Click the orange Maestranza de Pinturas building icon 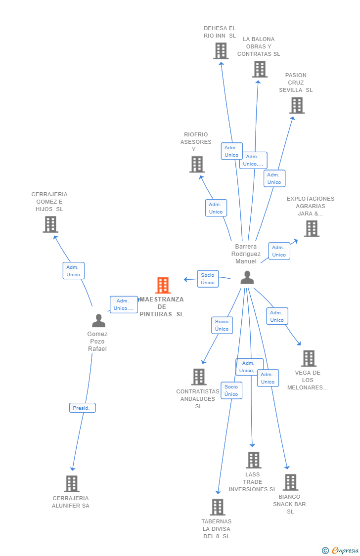tap(163, 285)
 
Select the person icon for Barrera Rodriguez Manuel tap(247, 278)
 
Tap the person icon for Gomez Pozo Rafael tap(99, 321)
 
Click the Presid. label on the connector tap(82, 408)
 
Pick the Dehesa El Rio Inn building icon tap(221, 50)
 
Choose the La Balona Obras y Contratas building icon tap(260, 69)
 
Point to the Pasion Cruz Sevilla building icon tap(297, 105)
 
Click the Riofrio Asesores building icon tap(197, 164)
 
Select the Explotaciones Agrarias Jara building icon tap(312, 228)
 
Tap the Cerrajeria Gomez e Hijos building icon tap(50, 224)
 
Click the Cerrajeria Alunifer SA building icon tap(72, 483)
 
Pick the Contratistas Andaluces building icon tap(199, 377)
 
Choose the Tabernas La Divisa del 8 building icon tap(218, 507)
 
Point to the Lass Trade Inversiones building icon tap(254, 460)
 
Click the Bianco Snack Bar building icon tap(290, 482)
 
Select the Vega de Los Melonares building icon tap(309, 358)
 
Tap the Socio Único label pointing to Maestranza tap(208, 279)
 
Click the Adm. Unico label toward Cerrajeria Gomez tap(73, 271)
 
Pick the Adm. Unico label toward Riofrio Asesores tap(216, 208)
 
